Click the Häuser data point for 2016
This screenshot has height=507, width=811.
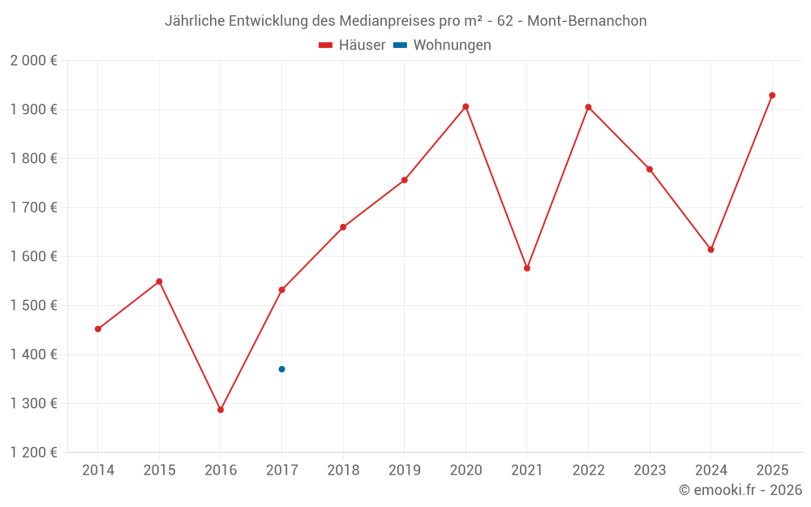pos(221,410)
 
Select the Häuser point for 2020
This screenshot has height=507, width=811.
pos(466,106)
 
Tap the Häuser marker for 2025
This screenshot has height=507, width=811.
pos(772,96)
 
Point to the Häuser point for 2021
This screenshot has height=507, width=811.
pos(527,268)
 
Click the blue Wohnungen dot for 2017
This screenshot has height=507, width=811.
pos(281,369)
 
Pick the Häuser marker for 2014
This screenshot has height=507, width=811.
pos(98,329)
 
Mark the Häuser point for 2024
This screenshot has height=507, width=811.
pos(710,250)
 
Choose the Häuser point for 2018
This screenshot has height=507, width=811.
pos(343,227)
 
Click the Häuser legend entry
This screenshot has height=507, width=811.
pos(353,45)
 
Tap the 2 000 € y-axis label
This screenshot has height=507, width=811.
pos(33,61)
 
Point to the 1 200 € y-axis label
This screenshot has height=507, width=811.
pos(33,453)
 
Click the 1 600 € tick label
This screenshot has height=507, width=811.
pos(33,256)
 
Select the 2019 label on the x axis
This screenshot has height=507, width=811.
pos(404,470)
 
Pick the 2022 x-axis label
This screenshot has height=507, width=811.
pos(588,470)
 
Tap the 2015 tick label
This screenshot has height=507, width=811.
pos(159,470)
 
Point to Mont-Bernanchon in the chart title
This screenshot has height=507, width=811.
pos(587,21)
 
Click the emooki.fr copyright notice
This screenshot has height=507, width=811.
pos(740,490)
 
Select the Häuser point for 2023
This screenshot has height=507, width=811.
pos(650,170)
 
